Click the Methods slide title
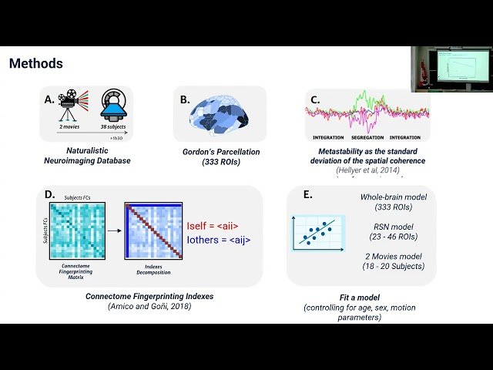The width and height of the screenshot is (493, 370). (35, 63)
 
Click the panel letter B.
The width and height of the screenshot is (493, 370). (185, 99)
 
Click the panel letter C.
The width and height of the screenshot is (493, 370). (315, 99)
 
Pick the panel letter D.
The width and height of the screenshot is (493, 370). (50, 194)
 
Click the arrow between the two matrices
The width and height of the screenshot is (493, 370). (112, 230)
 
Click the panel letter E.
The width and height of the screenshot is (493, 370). (307, 194)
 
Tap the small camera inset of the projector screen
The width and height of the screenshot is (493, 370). (451, 69)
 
